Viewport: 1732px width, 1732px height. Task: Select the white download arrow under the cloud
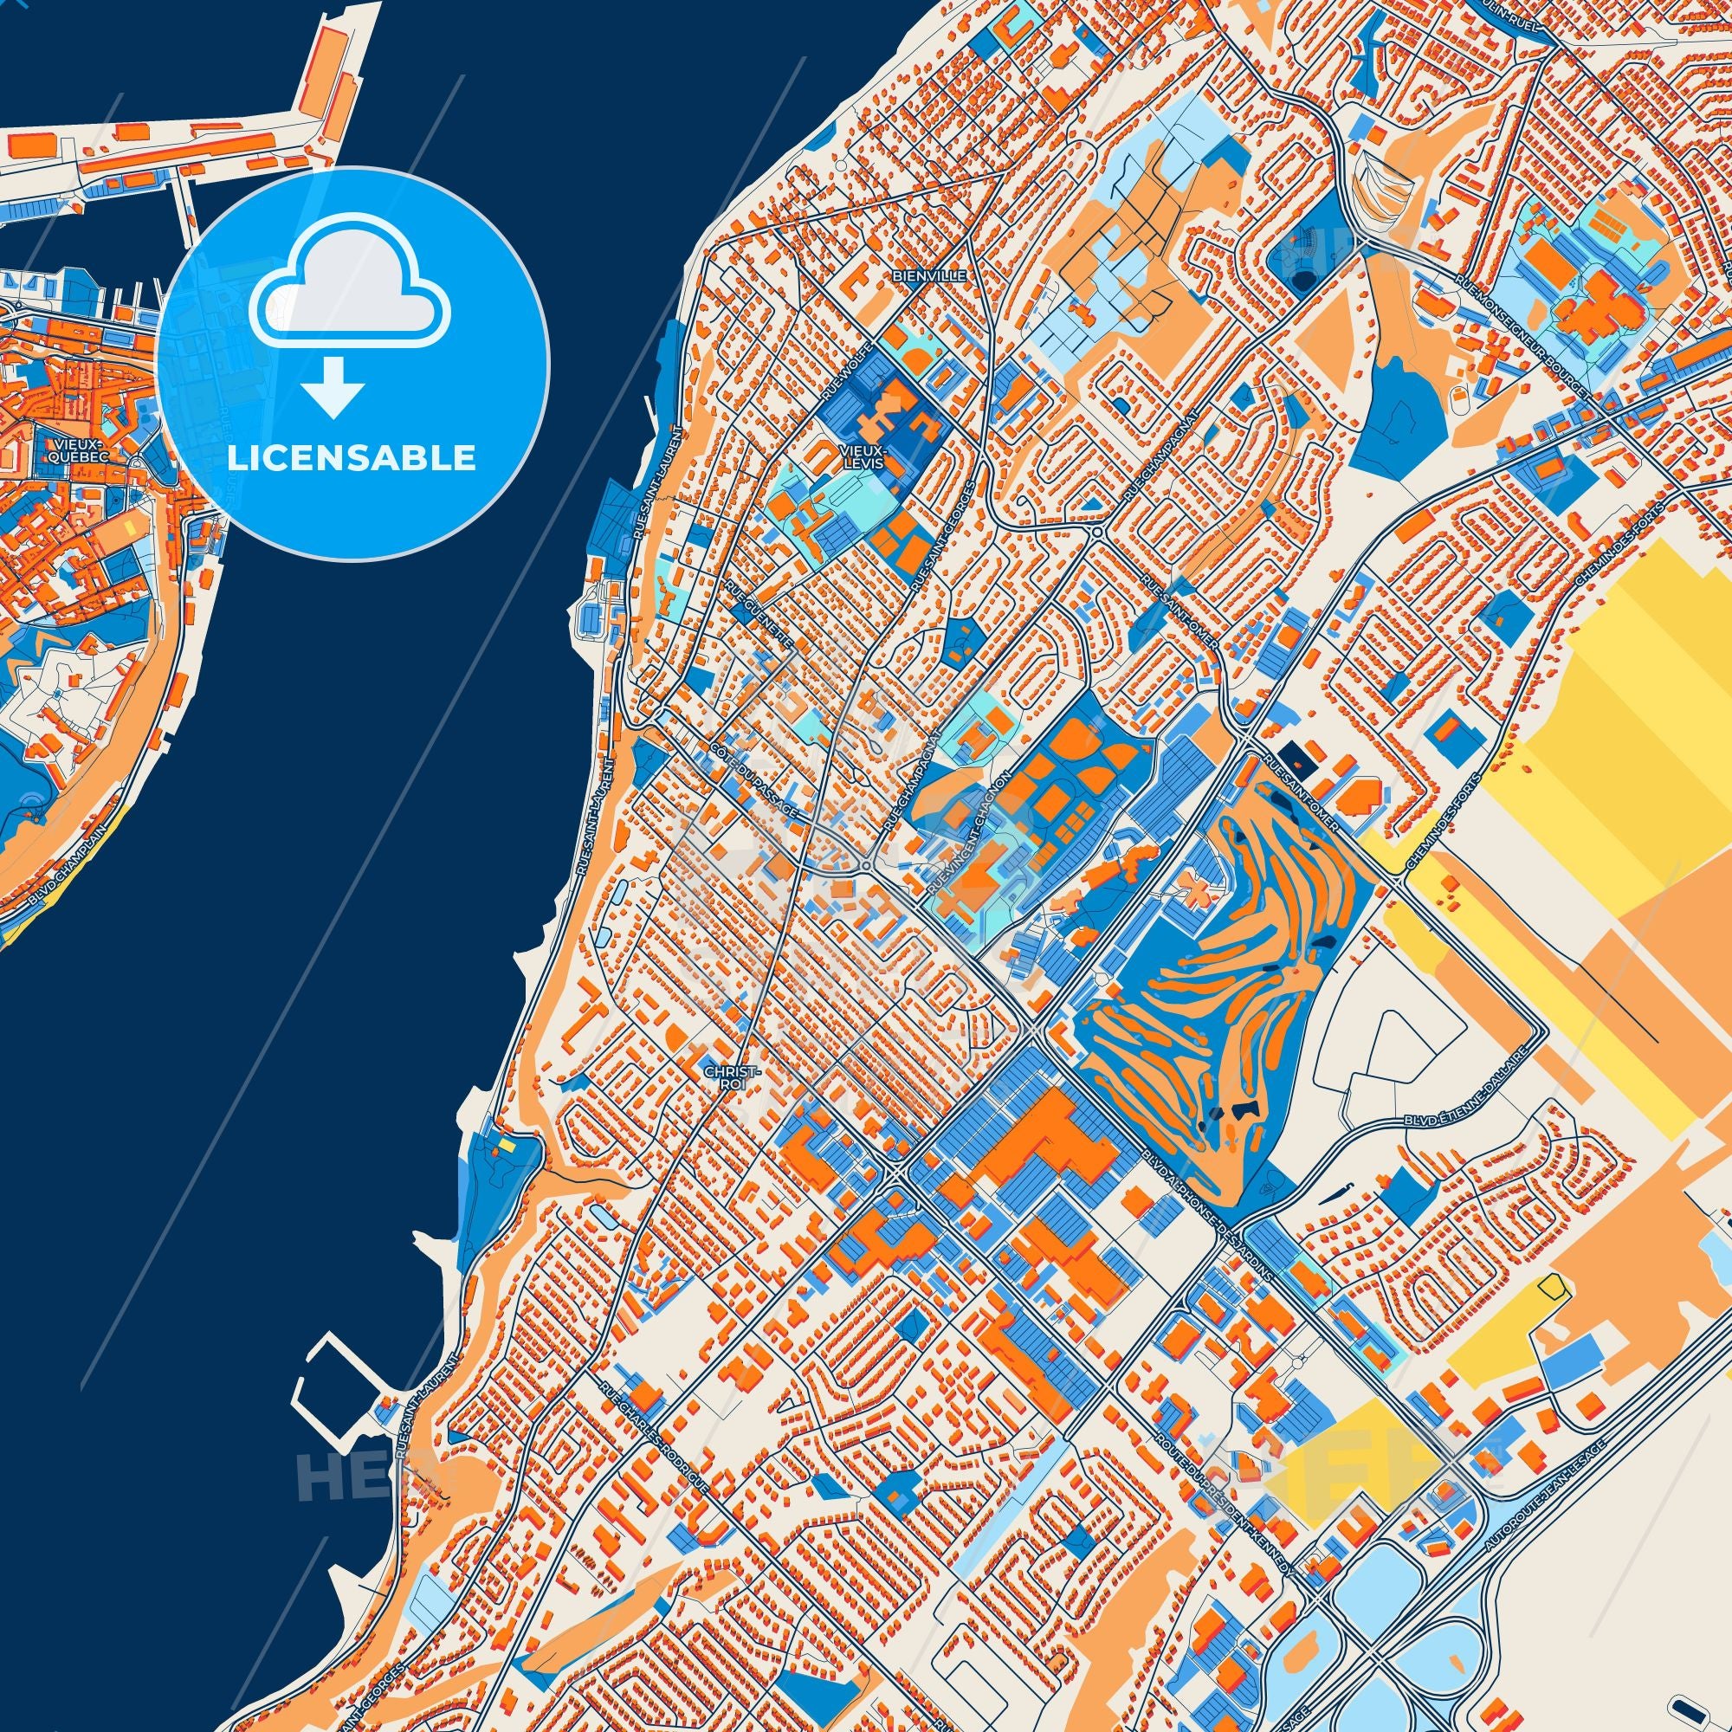pyautogui.click(x=333, y=385)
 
